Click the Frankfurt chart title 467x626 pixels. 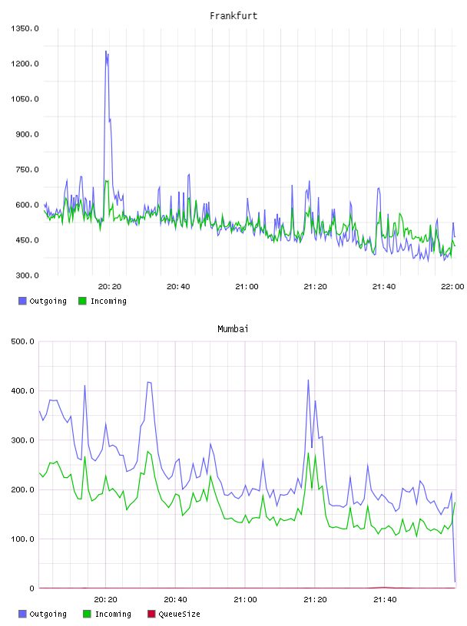point(233,16)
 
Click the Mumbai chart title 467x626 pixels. point(233,329)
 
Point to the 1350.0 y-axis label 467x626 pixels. point(25,28)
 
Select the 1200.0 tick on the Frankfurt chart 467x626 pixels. point(25,64)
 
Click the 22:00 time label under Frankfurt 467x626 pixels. point(452,287)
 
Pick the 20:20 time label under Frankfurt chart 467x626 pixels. point(110,287)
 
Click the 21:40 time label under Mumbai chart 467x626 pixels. point(385,600)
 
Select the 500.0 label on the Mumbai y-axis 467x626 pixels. point(22,341)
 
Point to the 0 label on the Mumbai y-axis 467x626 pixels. point(31,588)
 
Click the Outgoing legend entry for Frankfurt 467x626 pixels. point(43,301)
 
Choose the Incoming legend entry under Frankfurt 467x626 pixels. point(103,301)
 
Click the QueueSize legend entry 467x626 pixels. point(174,614)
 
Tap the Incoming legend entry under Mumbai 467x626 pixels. point(108,614)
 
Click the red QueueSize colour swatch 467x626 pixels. point(151,614)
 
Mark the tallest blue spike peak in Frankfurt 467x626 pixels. point(106,51)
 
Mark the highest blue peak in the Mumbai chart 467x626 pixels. point(308,380)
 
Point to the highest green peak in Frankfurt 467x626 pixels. point(106,181)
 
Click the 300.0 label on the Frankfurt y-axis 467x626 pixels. point(27,275)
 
